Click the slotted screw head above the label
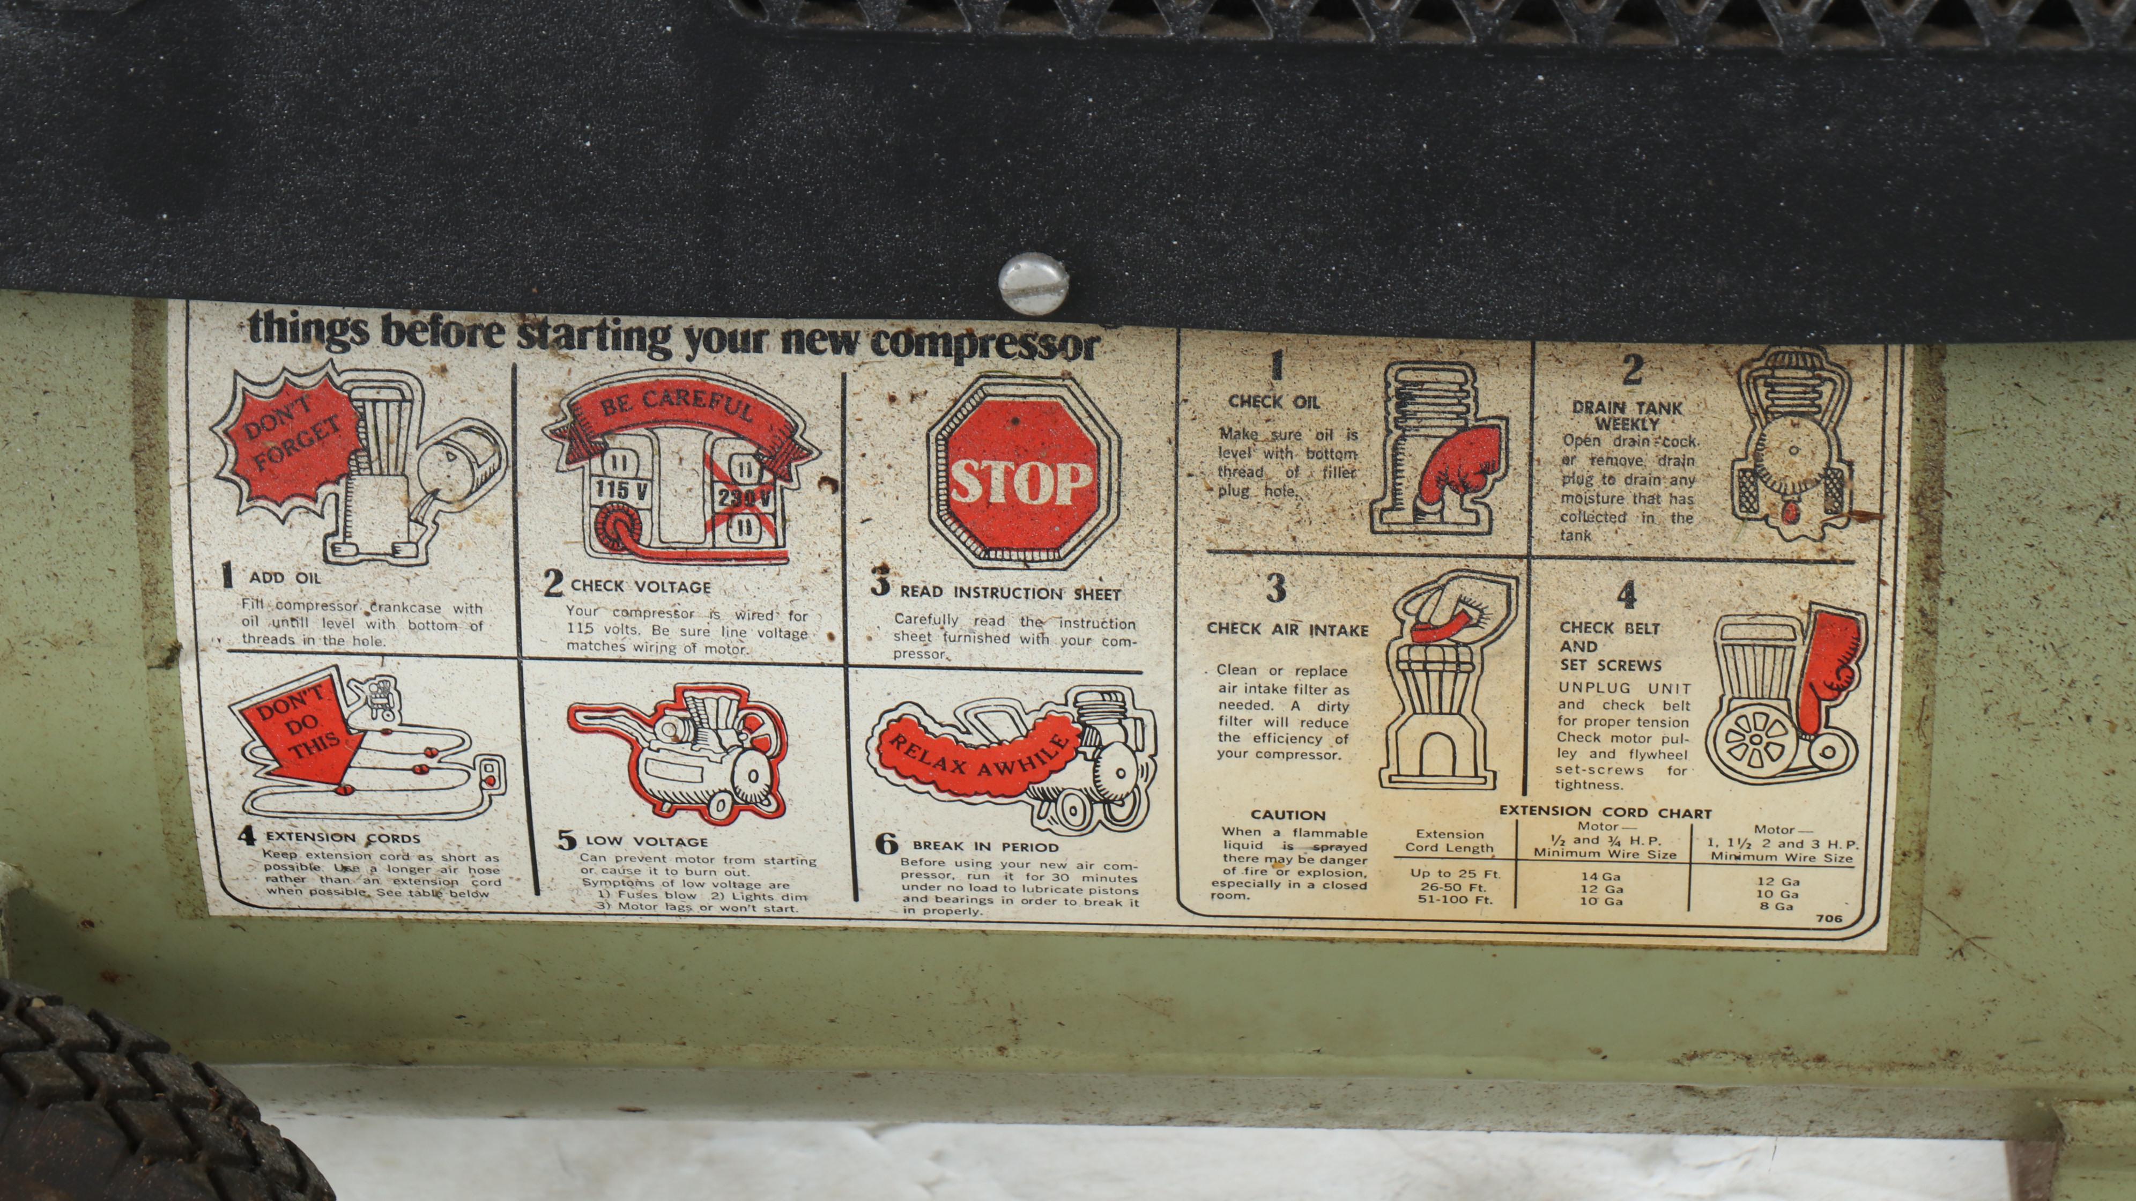point(1033,283)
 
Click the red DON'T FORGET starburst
point(288,446)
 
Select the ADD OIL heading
point(284,577)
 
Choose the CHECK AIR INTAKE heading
point(1287,629)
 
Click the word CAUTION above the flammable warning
point(1288,816)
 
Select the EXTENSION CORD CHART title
point(1605,813)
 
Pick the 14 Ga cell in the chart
point(1600,876)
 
